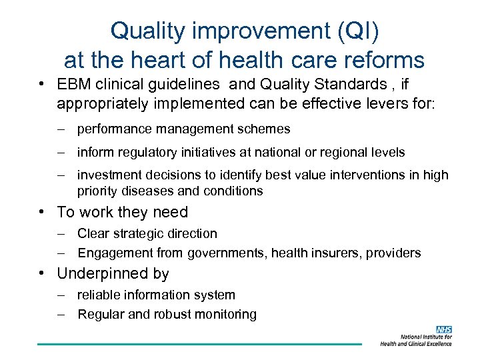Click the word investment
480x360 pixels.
pos(109,175)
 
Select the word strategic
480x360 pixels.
pos(140,233)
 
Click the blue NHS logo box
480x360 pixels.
pos(444,329)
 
